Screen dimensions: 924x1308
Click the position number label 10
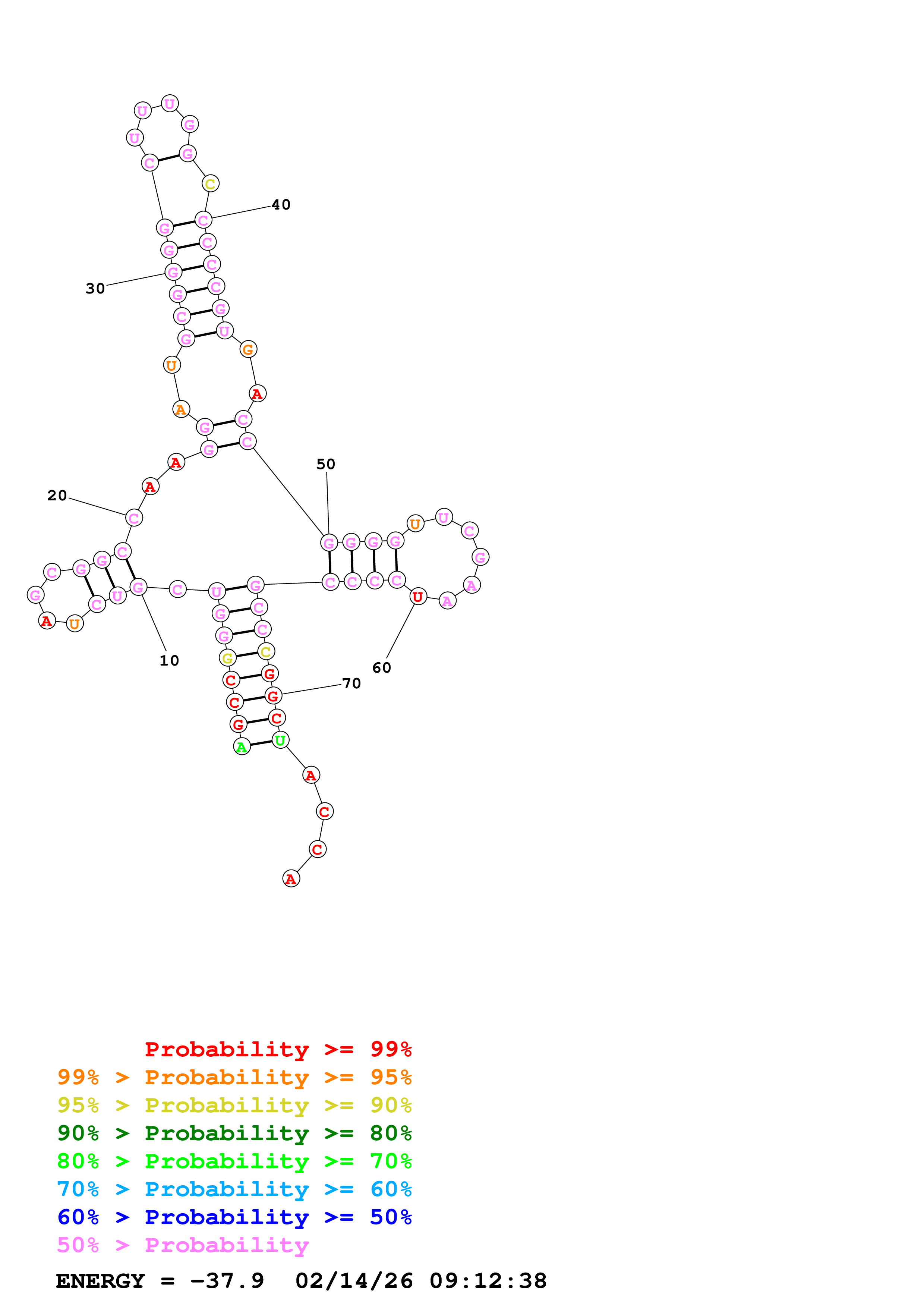(x=169, y=661)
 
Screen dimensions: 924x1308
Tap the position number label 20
(x=57, y=496)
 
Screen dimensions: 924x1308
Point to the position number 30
(x=95, y=289)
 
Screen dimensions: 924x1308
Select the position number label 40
(x=281, y=205)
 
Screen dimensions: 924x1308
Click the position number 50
(x=326, y=464)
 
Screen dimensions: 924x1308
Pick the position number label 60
(x=381, y=668)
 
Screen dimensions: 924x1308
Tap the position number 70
(x=351, y=683)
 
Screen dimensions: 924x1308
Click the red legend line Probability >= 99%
(x=278, y=1049)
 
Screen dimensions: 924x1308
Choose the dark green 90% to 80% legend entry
(x=234, y=1133)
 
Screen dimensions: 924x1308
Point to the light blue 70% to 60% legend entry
(x=234, y=1189)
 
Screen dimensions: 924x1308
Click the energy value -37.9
(x=227, y=1281)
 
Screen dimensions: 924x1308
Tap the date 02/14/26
(x=354, y=1281)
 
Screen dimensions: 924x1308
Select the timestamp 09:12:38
(x=488, y=1281)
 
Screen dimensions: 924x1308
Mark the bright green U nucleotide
(x=280, y=741)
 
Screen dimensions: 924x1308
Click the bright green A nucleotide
(x=242, y=747)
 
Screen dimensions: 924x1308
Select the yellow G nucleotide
(x=227, y=658)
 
